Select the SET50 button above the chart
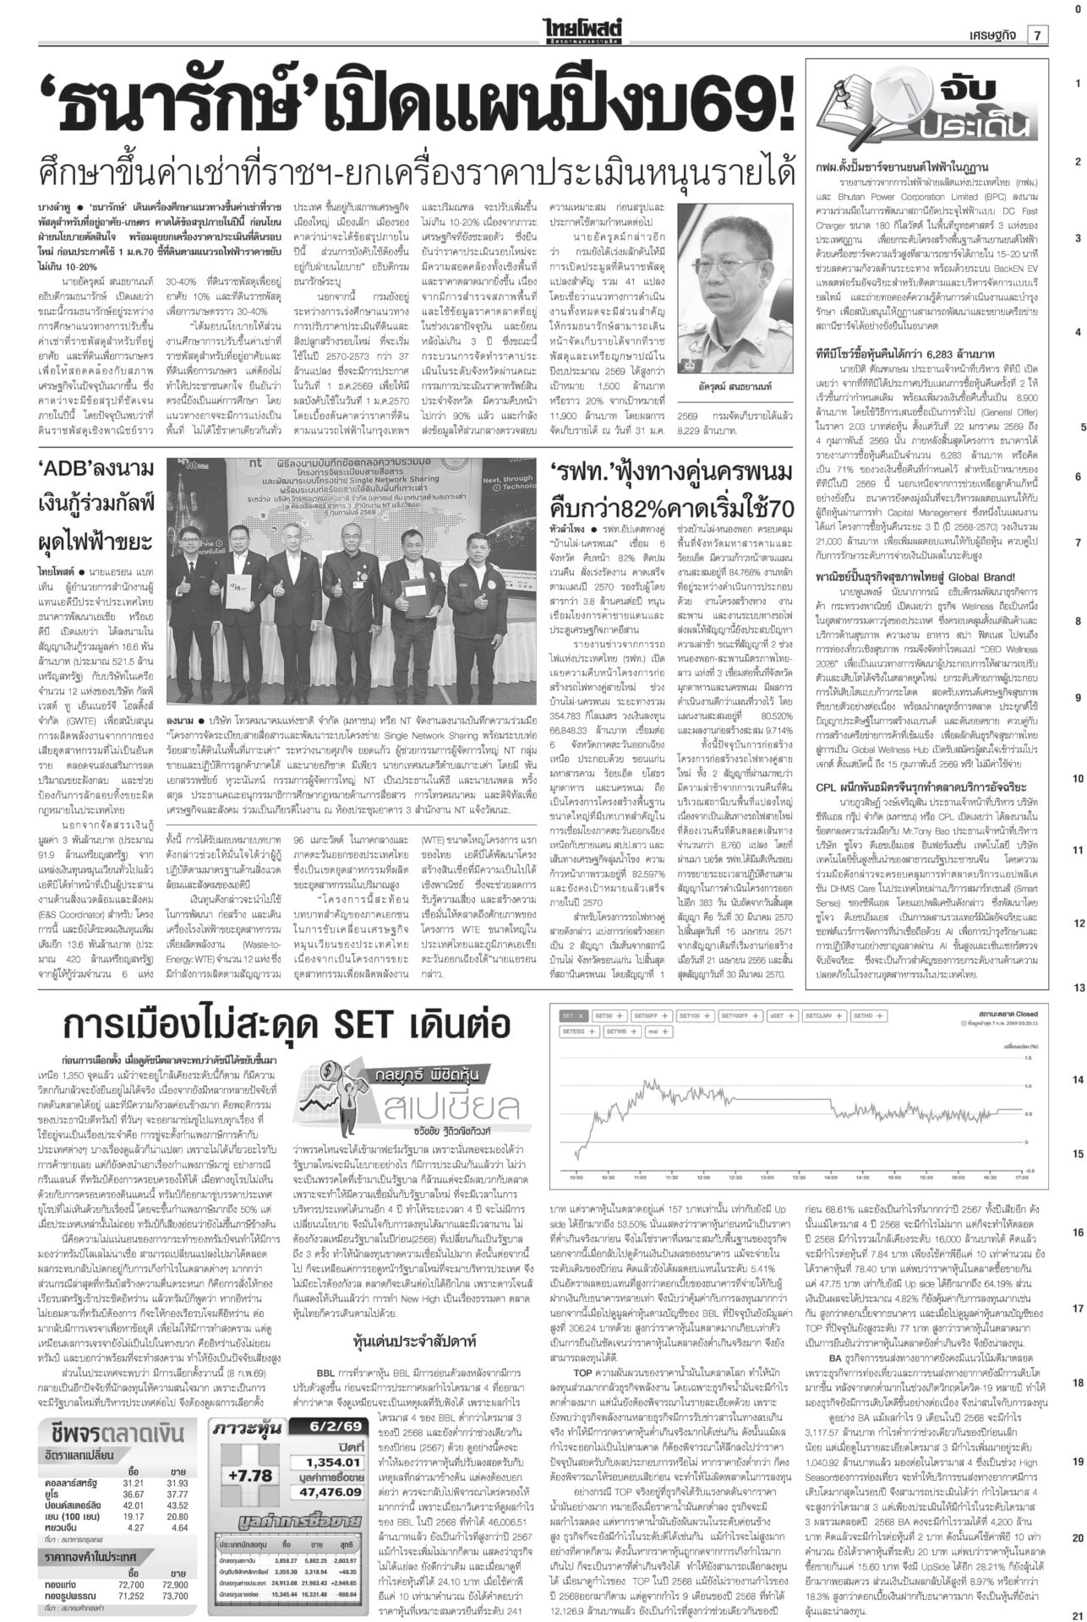tap(609, 1015)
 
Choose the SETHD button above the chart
tap(867, 1015)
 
